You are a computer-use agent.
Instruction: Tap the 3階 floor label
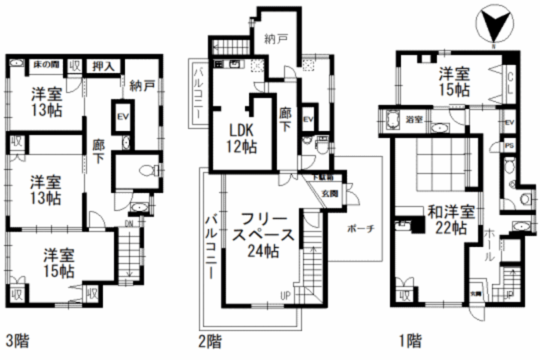point(18,341)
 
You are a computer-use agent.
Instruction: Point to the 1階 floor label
point(410,341)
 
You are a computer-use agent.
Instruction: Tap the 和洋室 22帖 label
point(451,220)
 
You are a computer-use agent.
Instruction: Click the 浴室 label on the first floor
point(414,120)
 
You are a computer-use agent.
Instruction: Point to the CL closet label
point(510,83)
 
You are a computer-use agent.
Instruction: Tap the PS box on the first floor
point(509,145)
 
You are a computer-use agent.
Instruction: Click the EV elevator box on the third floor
point(122,117)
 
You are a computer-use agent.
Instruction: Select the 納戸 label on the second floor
point(275,38)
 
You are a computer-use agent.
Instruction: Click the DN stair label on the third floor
point(130,222)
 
